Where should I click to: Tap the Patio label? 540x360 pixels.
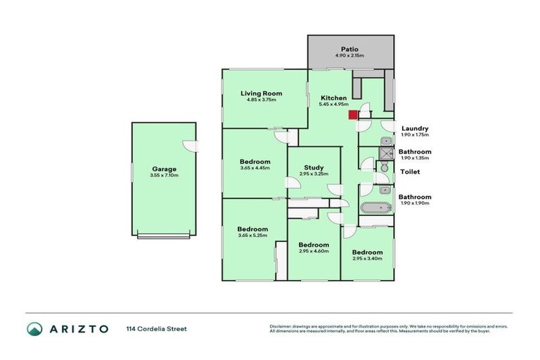[349, 47]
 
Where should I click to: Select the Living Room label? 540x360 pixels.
[261, 93]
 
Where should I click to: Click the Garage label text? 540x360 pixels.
[164, 169]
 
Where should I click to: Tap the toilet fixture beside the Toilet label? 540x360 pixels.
[383, 167]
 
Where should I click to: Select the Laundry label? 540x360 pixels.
[415, 128]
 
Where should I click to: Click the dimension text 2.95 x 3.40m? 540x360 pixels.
[368, 258]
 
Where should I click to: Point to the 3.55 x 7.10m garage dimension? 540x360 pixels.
[164, 176]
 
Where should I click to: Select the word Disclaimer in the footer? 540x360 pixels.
[281, 326]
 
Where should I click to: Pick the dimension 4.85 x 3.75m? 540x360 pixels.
[261, 100]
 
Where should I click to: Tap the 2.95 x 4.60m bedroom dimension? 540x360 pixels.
[313, 251]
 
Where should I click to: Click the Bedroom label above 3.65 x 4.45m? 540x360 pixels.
[255, 161]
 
